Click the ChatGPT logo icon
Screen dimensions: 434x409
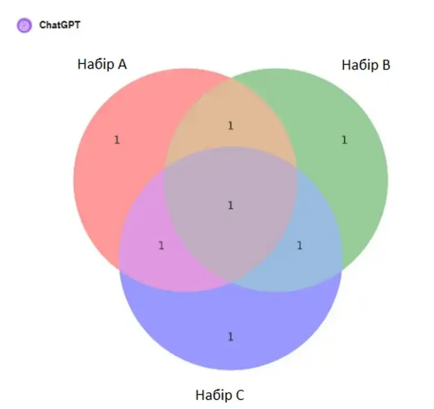[x=24, y=25]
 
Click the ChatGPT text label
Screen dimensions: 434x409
[x=59, y=25]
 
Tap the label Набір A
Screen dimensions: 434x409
[x=102, y=64]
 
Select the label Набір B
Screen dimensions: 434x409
[x=366, y=65]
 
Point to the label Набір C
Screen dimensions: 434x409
[x=220, y=395]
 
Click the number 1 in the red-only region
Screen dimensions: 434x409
[x=117, y=140]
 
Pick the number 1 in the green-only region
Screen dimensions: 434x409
[x=344, y=140]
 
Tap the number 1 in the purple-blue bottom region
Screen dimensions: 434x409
[x=230, y=337]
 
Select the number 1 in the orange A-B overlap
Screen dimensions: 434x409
[x=230, y=126]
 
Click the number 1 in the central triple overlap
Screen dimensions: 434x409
[x=230, y=205]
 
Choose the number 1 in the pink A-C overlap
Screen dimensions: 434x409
[x=161, y=245]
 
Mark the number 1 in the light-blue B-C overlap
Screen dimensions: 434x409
[x=299, y=245]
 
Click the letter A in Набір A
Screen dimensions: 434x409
[x=122, y=64]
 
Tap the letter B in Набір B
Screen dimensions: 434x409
[x=386, y=65]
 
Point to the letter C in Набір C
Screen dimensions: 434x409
[x=240, y=395]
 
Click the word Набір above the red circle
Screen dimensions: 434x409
[x=96, y=64]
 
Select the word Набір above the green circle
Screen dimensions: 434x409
[x=360, y=65]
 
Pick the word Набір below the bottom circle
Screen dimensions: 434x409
[x=214, y=395]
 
